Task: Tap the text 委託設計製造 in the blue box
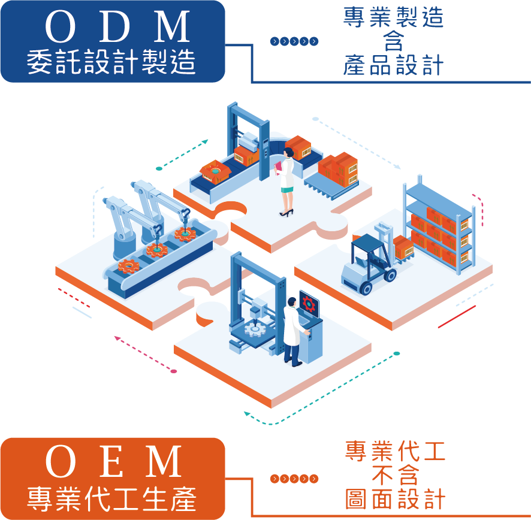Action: (x=112, y=61)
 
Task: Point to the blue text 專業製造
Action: (x=394, y=17)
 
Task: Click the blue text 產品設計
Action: (x=394, y=65)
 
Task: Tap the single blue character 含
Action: (x=393, y=41)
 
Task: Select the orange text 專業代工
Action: (x=396, y=451)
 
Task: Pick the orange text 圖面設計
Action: (x=396, y=499)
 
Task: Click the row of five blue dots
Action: (x=294, y=41)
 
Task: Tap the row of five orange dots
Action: (x=294, y=479)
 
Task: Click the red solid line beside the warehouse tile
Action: (x=457, y=317)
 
